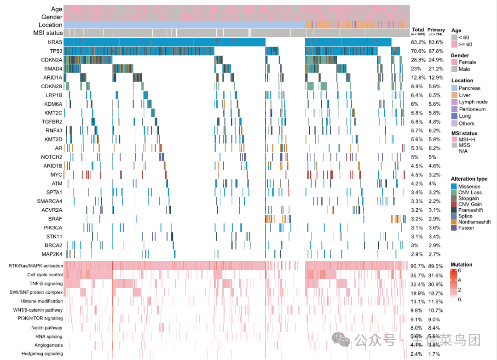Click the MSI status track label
tap(48, 33)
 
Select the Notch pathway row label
tap(47, 328)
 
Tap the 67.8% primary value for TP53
tap(435, 51)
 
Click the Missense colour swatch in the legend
tap(454, 186)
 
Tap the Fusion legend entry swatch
tap(454, 228)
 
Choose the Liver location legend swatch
tap(454, 95)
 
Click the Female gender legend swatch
tap(454, 62)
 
